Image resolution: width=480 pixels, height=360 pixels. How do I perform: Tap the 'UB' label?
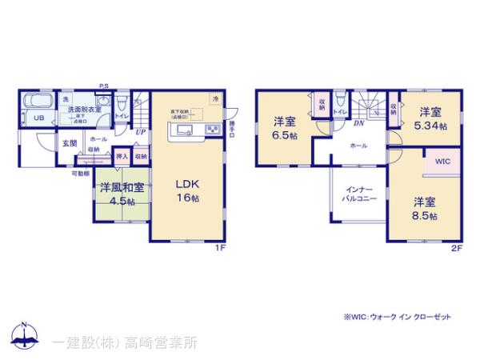[38, 118]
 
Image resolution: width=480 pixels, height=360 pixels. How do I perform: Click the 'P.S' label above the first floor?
[104, 86]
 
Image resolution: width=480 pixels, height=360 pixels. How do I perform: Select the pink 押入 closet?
[122, 157]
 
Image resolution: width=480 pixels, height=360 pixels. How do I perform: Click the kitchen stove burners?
[214, 130]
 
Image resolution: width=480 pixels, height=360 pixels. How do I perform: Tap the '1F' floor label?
[222, 247]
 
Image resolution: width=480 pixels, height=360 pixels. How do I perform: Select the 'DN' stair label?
[359, 122]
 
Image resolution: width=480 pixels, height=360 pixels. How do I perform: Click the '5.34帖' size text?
[430, 126]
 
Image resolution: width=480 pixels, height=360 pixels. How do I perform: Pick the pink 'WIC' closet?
[442, 161]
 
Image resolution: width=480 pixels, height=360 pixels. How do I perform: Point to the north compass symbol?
[24, 334]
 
